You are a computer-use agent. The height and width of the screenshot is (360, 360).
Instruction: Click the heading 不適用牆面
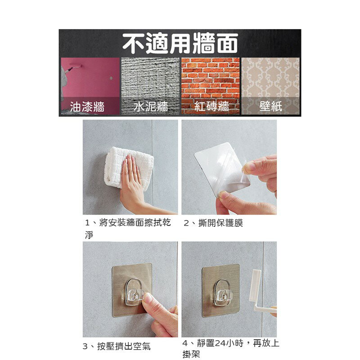coord(180,44)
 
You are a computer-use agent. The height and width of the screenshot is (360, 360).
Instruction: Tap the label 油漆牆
coord(88,107)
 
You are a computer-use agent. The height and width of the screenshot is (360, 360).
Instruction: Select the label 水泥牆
coord(151,107)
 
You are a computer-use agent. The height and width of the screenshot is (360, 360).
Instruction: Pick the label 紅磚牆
coord(211,107)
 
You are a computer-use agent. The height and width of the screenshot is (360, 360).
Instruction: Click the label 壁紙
coord(270,107)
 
